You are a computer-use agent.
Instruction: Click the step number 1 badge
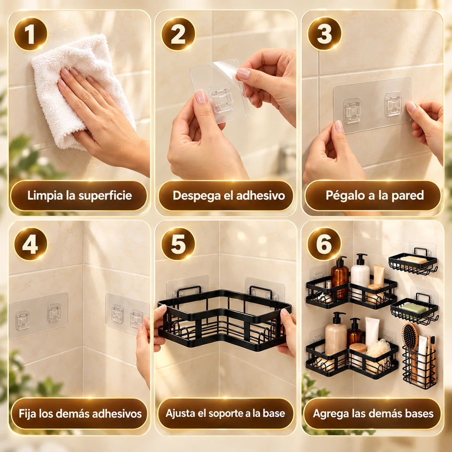[31, 34]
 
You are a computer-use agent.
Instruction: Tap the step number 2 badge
[178, 34]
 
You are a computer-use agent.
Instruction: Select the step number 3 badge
[324, 34]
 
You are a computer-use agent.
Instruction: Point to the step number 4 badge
[31, 244]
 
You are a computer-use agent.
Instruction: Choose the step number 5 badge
[178, 244]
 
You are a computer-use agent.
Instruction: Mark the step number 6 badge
[324, 244]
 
